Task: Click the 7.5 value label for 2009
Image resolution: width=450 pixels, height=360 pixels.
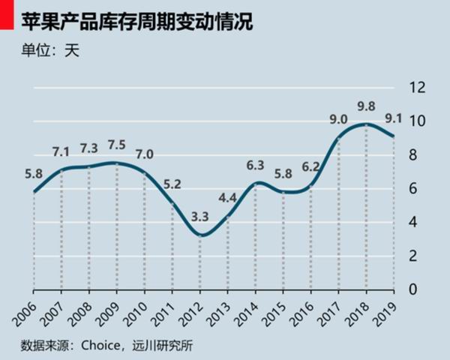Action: point(117,145)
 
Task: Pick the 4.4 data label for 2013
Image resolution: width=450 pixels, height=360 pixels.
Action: point(228,199)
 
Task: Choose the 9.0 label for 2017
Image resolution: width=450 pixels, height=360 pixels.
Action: point(338,119)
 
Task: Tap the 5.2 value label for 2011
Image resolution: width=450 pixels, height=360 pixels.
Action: point(172,184)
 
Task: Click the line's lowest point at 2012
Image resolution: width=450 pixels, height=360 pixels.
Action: point(200,235)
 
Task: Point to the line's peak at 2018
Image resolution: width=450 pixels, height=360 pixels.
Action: point(366,124)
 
